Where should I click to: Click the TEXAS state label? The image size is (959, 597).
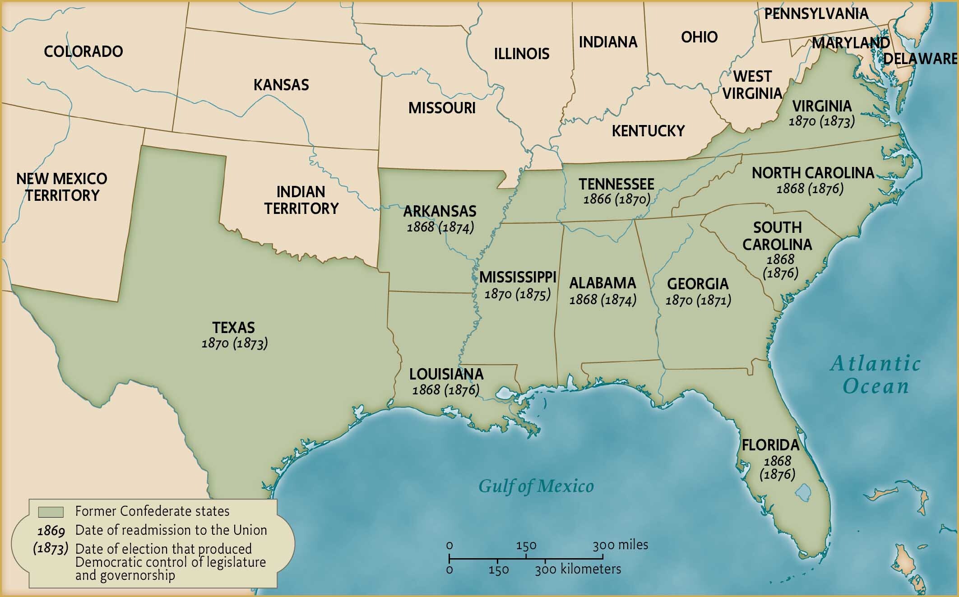[x=233, y=328]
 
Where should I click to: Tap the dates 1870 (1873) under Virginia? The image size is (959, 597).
[x=821, y=121]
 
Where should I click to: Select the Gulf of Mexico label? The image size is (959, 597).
[x=536, y=486]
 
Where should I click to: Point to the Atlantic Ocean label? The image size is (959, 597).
[x=875, y=375]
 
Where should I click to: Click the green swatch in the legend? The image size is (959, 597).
[x=51, y=512]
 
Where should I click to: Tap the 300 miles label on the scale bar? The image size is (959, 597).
[x=620, y=545]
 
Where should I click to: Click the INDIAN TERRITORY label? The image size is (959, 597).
[x=301, y=200]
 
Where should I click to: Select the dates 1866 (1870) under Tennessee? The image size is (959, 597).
[x=616, y=199]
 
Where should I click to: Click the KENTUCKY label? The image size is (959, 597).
[x=648, y=131]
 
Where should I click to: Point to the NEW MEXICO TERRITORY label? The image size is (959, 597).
[x=62, y=187]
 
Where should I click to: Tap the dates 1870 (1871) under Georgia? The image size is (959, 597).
[x=698, y=300]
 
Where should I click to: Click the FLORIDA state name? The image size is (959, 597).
[x=770, y=445]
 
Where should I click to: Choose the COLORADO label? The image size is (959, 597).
[x=83, y=51]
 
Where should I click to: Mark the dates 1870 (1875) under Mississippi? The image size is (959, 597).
[x=517, y=294]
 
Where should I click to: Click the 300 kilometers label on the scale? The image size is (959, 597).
[x=578, y=569]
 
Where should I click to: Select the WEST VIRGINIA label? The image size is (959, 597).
[x=752, y=84]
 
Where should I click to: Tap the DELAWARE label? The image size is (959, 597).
[x=920, y=59]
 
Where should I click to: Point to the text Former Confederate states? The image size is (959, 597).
[x=152, y=511]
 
